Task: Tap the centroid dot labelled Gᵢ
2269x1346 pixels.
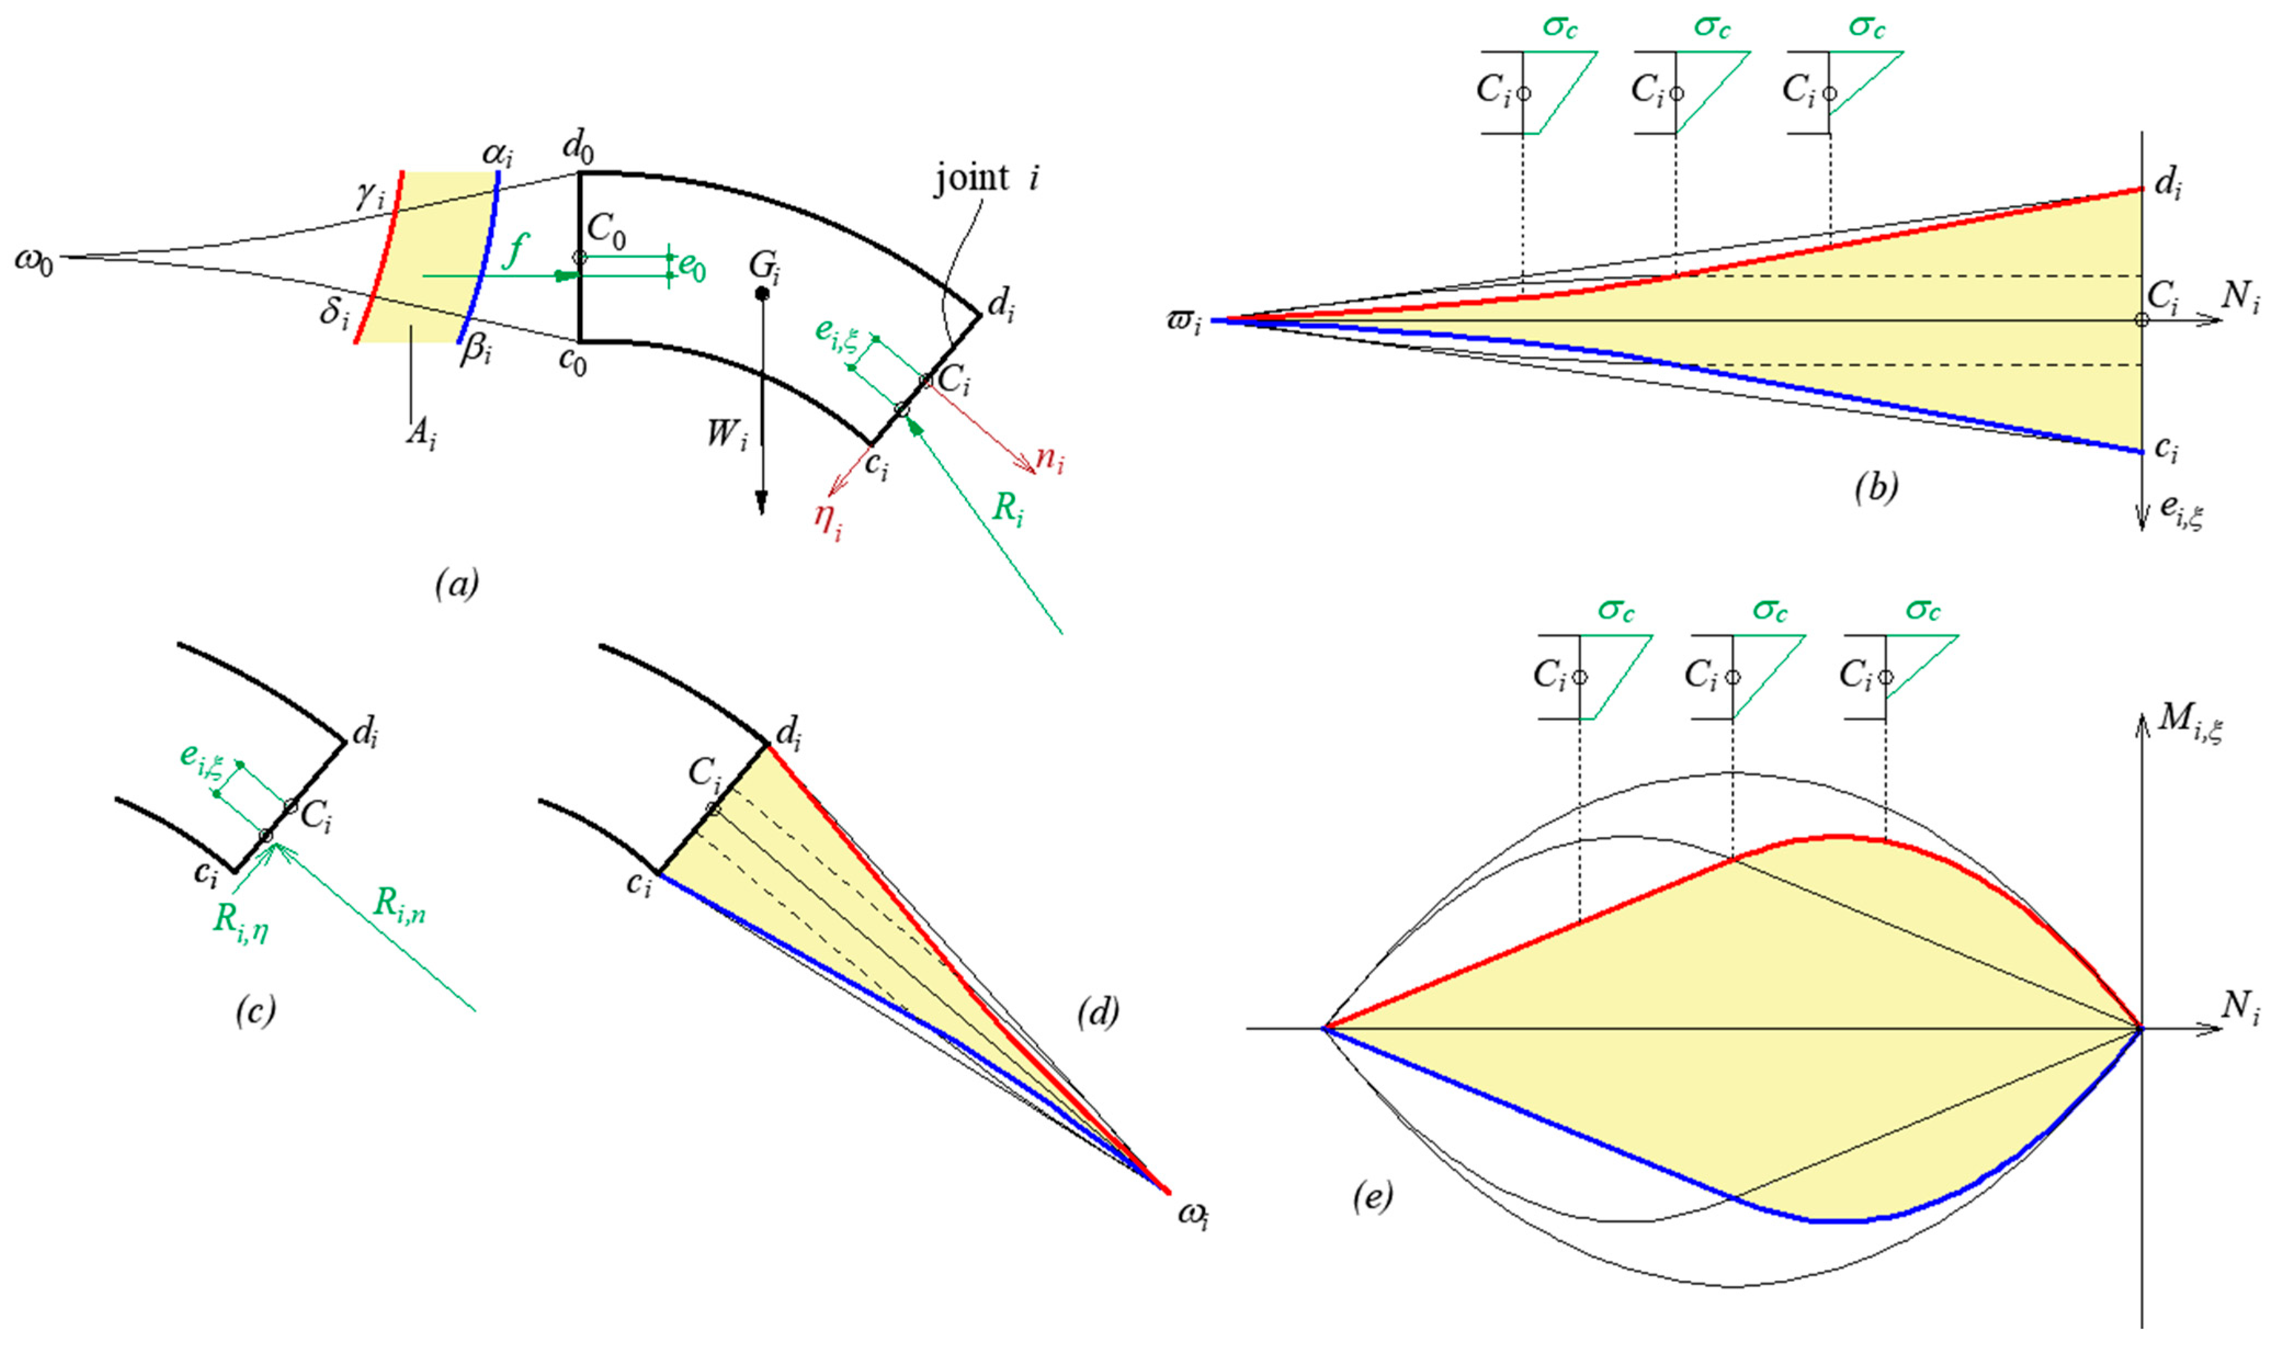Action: (x=762, y=293)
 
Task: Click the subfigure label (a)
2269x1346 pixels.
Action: (x=456, y=583)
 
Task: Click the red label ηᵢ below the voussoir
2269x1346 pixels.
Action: (x=827, y=521)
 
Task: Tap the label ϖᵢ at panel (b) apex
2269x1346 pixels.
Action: (x=1184, y=321)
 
